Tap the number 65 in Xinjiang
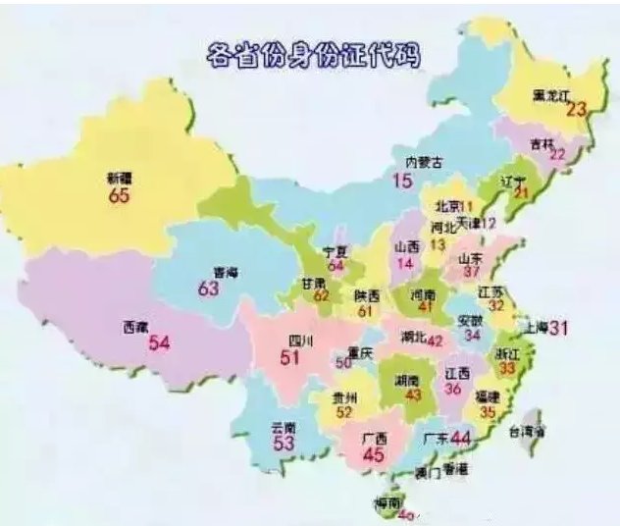click(120, 196)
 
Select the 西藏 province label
click(136, 326)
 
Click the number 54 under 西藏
click(159, 343)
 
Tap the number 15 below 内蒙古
click(403, 181)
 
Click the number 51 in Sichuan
click(290, 358)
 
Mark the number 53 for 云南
click(284, 444)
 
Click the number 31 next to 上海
click(559, 328)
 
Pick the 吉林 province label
click(542, 143)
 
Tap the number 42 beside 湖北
click(434, 340)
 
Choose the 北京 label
click(447, 206)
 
